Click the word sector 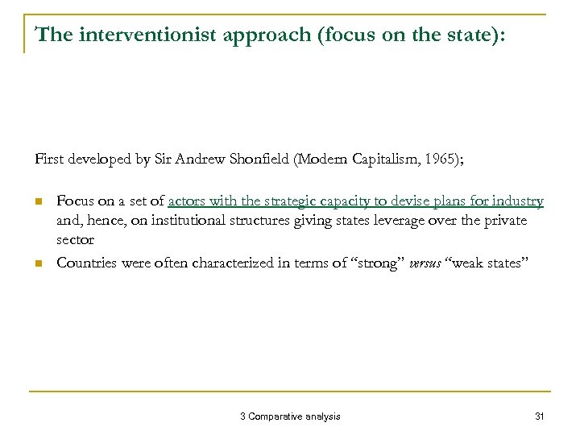click(x=75, y=239)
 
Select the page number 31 click(x=540, y=416)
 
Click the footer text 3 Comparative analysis click(x=290, y=416)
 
